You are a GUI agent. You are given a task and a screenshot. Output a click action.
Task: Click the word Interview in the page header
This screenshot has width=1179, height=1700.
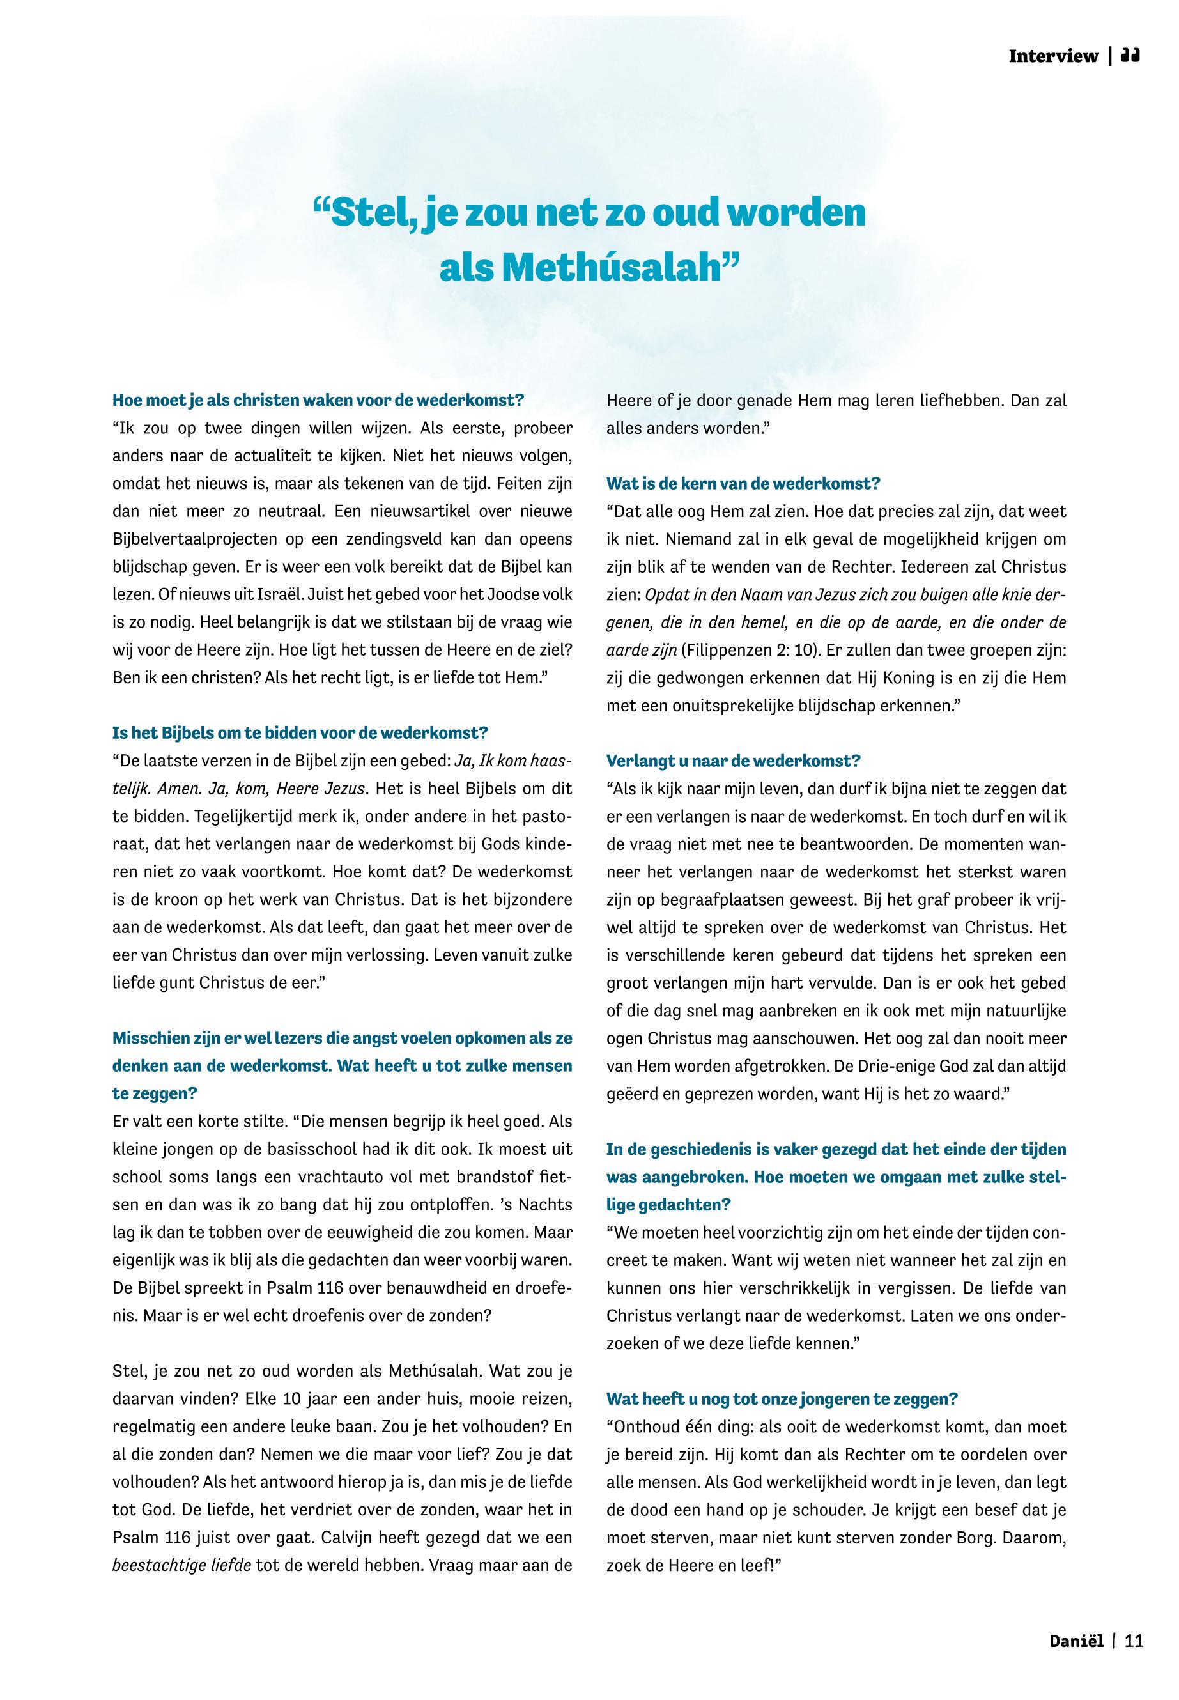pos(1053,56)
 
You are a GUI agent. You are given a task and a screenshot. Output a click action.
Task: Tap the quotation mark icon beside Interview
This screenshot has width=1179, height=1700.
pos(1131,56)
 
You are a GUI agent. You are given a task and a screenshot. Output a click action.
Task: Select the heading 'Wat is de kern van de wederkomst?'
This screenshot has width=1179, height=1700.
pos(743,484)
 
